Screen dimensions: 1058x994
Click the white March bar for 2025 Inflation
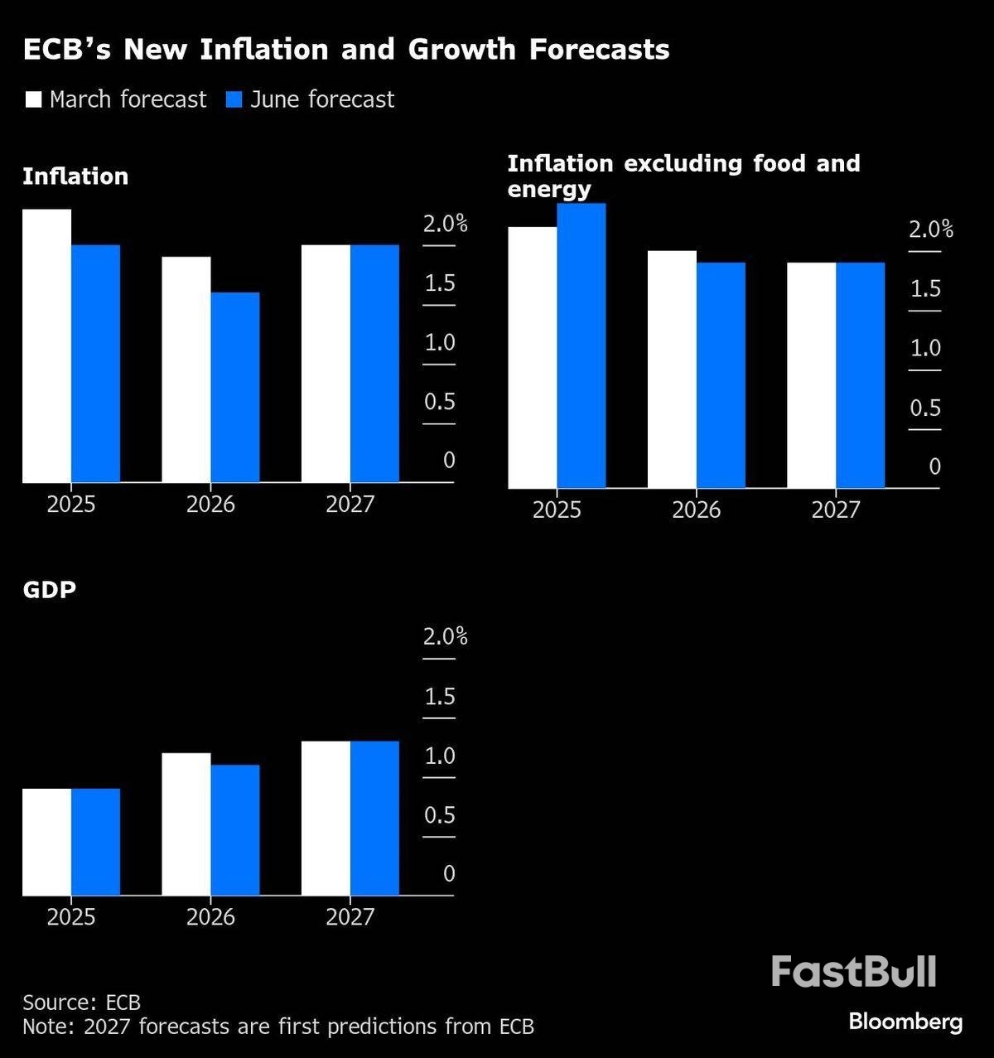point(46,345)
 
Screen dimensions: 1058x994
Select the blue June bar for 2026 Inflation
point(235,387)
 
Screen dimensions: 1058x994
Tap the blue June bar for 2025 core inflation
point(581,345)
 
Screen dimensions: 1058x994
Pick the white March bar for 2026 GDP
point(186,824)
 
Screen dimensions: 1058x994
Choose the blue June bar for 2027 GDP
point(374,819)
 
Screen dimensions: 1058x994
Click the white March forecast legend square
point(33,100)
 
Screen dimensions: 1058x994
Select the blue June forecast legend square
point(234,100)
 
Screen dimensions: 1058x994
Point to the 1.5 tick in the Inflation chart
point(440,283)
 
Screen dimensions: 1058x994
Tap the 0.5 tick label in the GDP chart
point(440,815)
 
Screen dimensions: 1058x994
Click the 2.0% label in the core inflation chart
point(931,229)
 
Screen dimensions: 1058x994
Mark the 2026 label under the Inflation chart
point(210,504)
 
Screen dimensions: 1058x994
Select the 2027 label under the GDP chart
point(350,916)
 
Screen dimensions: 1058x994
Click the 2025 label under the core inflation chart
point(557,510)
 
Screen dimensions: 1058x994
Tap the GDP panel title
point(50,589)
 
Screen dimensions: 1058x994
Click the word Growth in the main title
point(461,50)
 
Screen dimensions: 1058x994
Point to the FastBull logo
point(853,971)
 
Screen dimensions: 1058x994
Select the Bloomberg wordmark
point(905,1022)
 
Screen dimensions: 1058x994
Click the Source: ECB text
point(81,1002)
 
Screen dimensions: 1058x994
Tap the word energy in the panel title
point(549,189)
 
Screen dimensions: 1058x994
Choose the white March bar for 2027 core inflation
point(812,375)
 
